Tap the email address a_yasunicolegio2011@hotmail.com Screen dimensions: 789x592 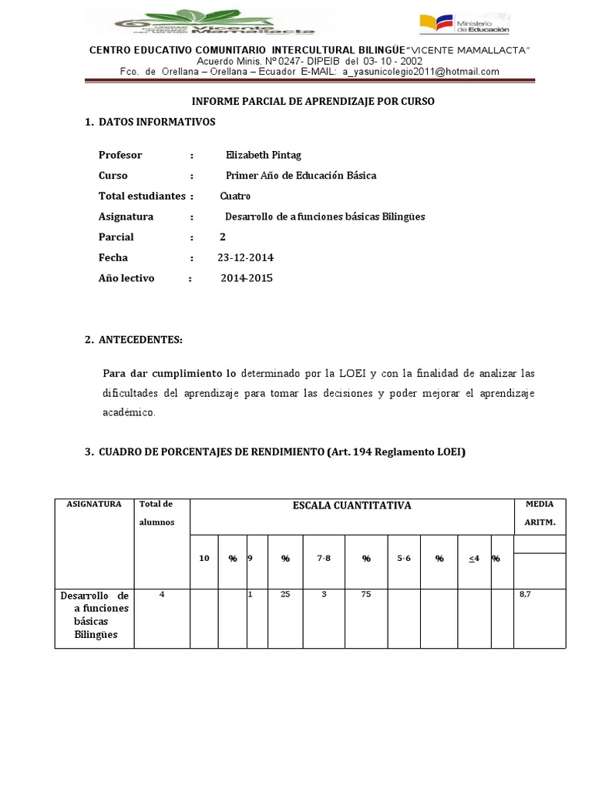coord(420,72)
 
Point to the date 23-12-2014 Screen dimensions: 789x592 coord(245,257)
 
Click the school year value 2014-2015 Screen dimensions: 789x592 coord(247,278)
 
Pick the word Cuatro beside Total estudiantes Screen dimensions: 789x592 coord(235,196)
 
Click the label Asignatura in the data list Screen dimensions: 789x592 coord(126,217)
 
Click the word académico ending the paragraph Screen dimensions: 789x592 coord(129,413)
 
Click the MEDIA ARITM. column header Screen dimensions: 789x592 coord(540,512)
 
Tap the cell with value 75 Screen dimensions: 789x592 coord(366,596)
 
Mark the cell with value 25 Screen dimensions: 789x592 coord(284,596)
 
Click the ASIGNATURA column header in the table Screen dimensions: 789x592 coord(94,504)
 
